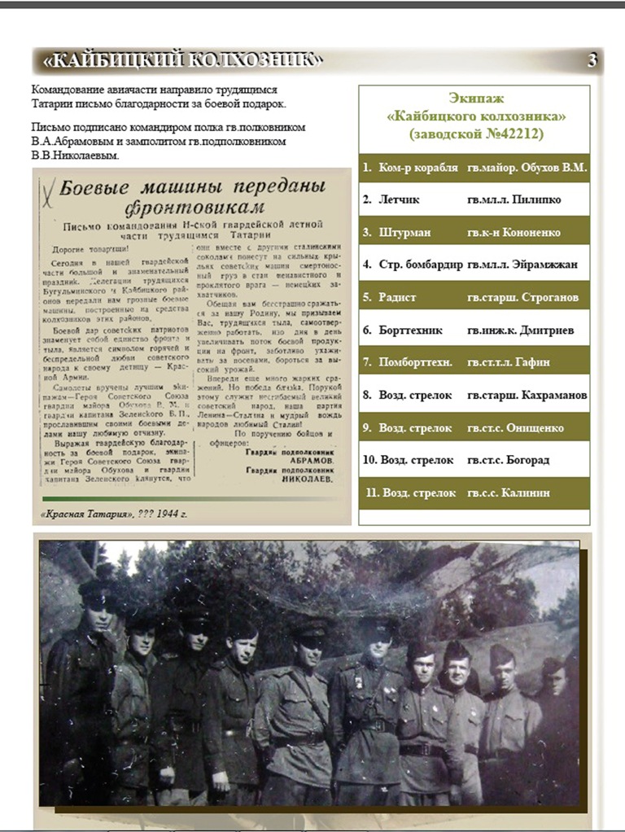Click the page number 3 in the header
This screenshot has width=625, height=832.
(592, 60)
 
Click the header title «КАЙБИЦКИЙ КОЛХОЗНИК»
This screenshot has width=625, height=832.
(182, 60)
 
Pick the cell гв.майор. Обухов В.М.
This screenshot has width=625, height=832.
(527, 168)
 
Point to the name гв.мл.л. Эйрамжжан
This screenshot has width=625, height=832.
(514, 265)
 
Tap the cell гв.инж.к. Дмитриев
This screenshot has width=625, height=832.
(520, 330)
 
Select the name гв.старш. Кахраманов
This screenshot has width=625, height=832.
(527, 396)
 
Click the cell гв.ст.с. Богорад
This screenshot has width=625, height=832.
(509, 460)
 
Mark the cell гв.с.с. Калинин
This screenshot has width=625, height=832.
(509, 493)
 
